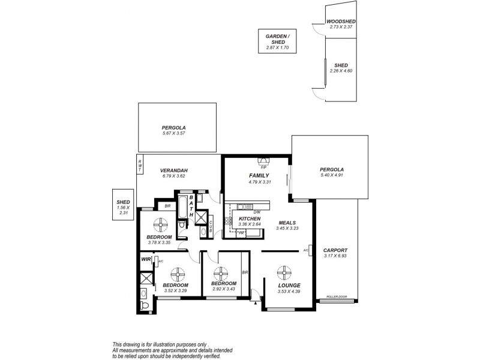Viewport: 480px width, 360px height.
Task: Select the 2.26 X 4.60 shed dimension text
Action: tap(341, 71)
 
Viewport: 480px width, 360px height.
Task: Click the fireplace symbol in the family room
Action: tap(263, 160)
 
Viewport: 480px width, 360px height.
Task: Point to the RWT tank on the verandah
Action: tap(140, 166)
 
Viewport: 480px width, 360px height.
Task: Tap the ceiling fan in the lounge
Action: tap(284, 274)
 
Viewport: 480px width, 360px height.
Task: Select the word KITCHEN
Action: tap(250, 219)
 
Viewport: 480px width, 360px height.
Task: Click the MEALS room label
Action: tap(287, 222)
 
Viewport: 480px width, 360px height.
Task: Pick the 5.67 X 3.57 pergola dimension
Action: tap(173, 133)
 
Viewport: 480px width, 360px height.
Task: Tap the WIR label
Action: tap(145, 259)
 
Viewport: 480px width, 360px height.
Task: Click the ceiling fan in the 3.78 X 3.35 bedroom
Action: tap(161, 225)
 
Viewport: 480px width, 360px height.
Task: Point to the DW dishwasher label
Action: tap(256, 212)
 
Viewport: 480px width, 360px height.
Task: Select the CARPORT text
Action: tap(335, 250)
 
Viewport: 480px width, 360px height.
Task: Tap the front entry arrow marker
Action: tap(256, 303)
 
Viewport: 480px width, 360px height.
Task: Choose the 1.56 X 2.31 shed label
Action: tap(124, 208)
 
